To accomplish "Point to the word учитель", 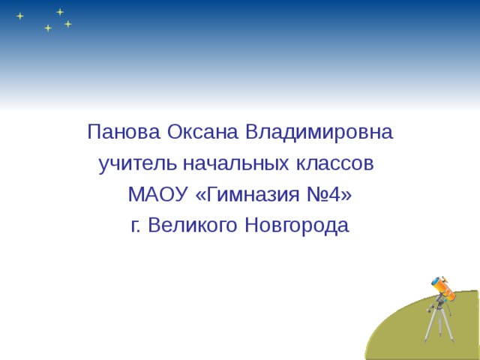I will pyautogui.click(x=128, y=163).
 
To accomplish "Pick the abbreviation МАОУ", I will pyautogui.click(x=157, y=195).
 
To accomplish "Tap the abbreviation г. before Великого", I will pyautogui.click(x=136, y=226).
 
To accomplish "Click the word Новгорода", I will pyautogui.click(x=297, y=226).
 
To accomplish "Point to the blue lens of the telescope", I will pyautogui.click(x=435, y=281).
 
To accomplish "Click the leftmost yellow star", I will pyautogui.click(x=20, y=16).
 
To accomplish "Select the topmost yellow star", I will pyautogui.click(x=59, y=11).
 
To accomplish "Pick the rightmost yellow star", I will pyautogui.click(x=68, y=24).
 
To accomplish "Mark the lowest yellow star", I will pyautogui.click(x=48, y=28).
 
